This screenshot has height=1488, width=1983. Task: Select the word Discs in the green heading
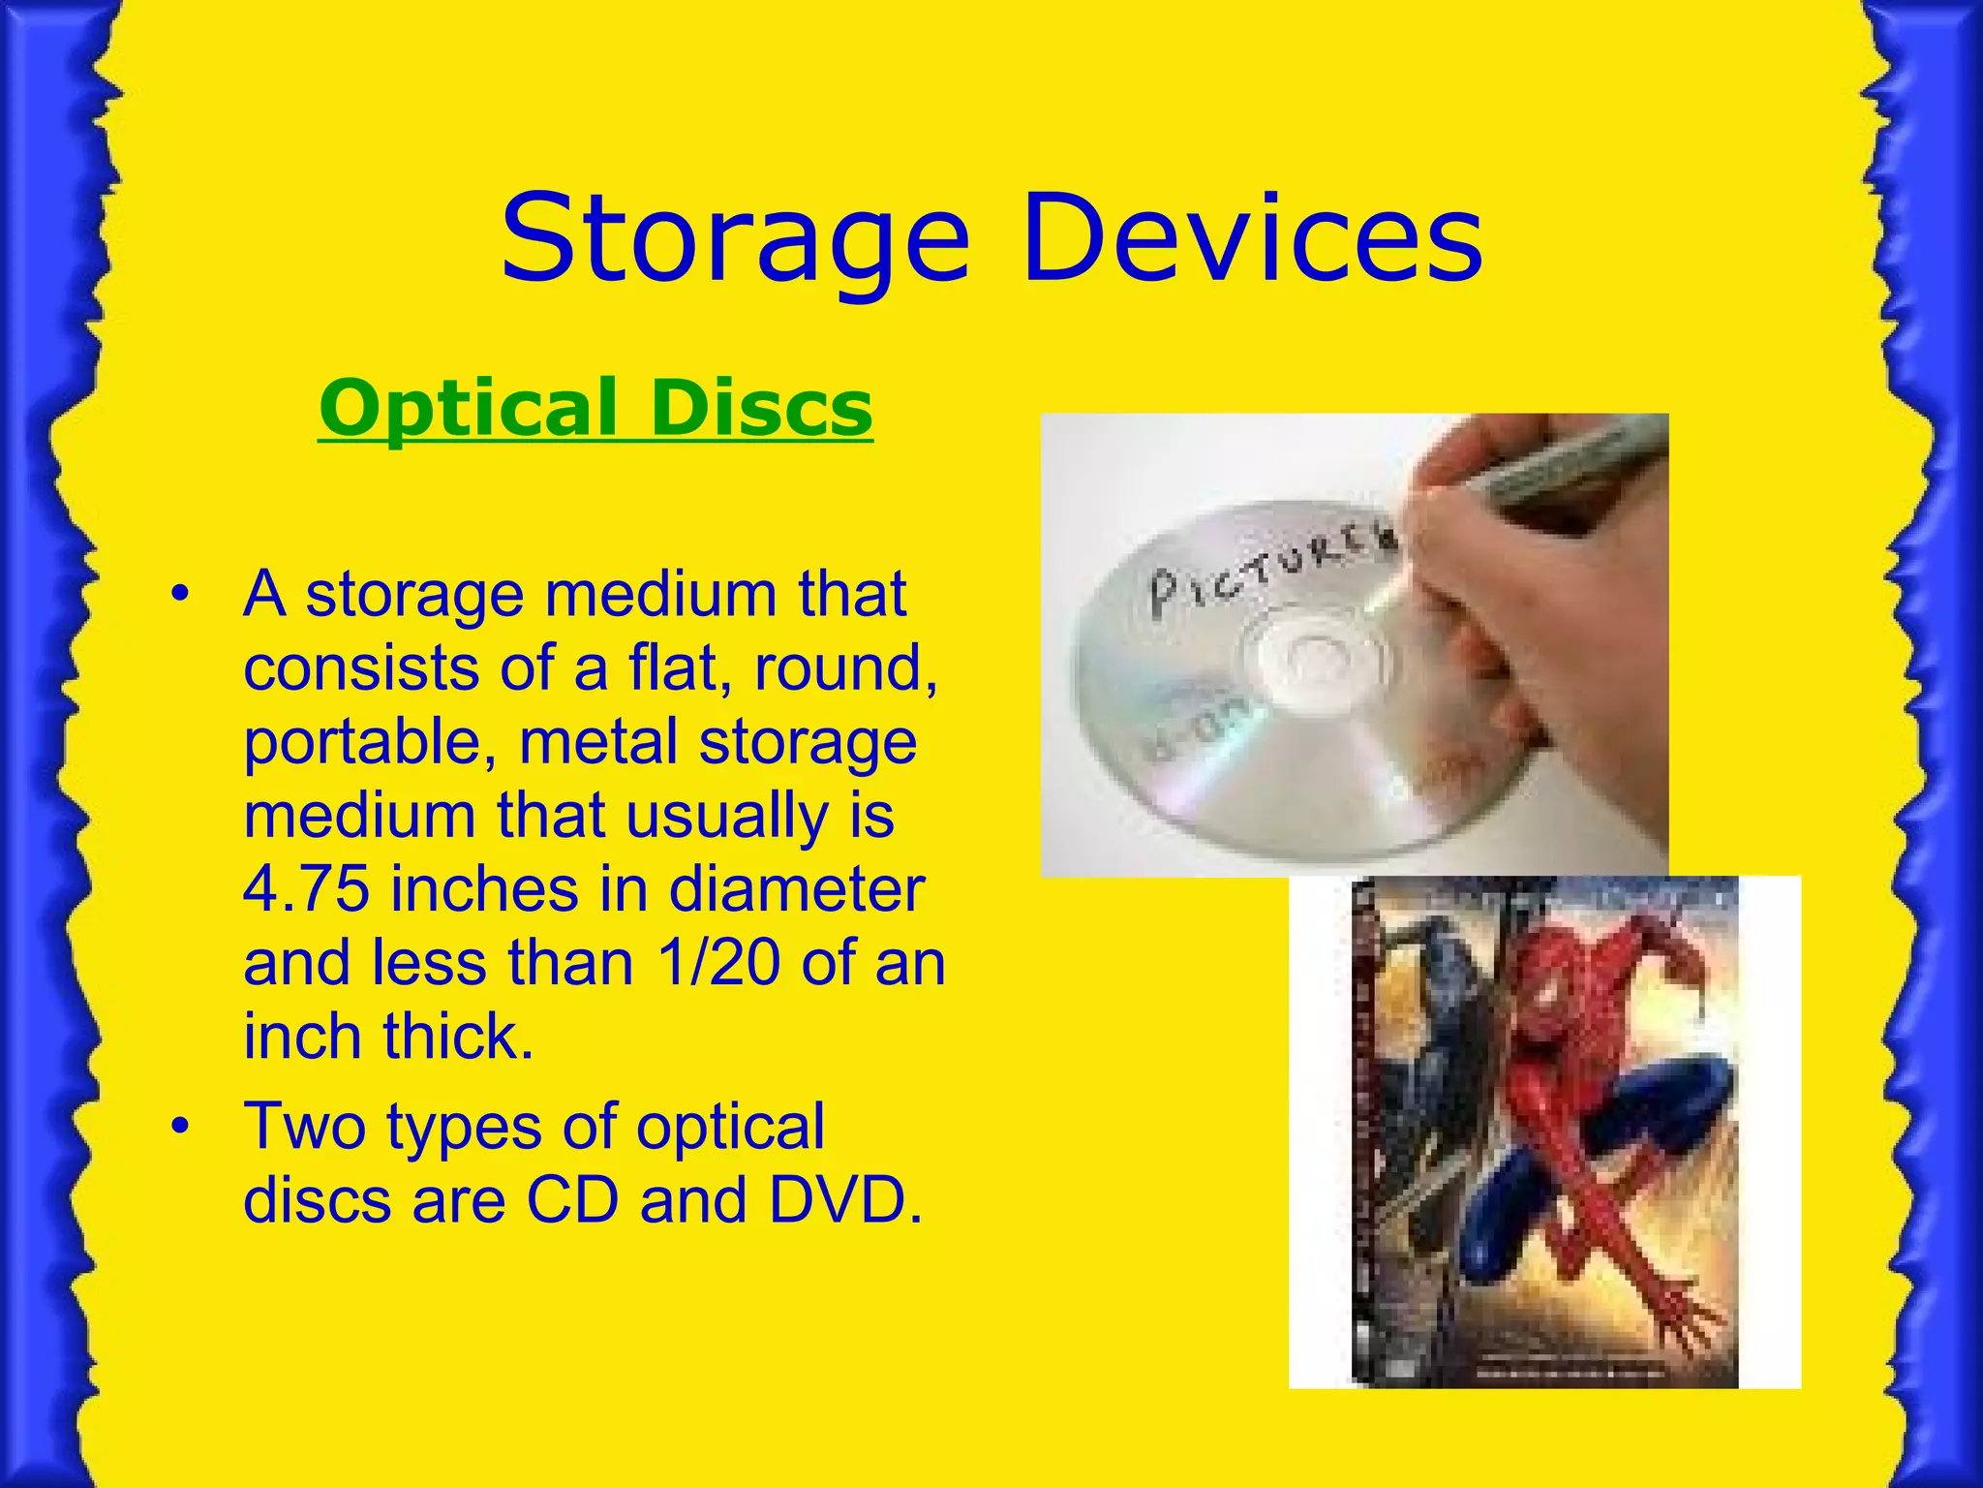click(x=762, y=408)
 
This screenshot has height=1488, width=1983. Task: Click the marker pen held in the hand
click(x=1569, y=465)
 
